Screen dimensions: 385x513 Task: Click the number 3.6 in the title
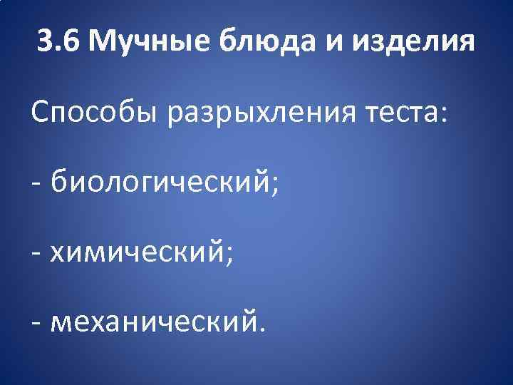pyautogui.click(x=59, y=42)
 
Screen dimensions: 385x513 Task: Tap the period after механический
pyautogui.click(x=261, y=330)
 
